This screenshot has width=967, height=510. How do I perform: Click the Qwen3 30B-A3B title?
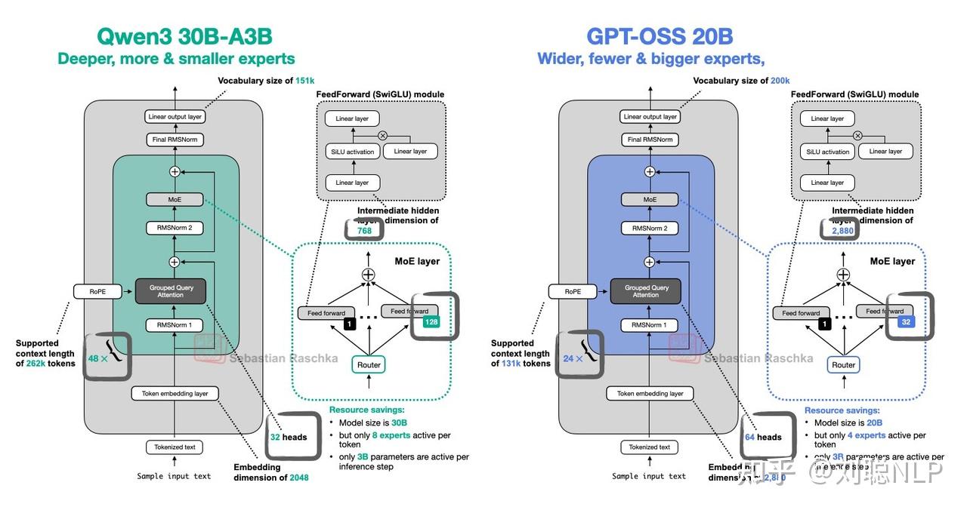tap(184, 36)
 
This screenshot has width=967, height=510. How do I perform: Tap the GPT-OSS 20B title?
tap(660, 36)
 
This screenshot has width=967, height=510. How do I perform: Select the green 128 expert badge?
tap(431, 323)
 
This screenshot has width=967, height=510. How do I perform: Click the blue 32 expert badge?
tap(906, 323)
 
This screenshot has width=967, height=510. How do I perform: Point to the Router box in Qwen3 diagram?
tap(369, 364)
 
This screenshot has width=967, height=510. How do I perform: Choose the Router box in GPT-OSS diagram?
tap(843, 364)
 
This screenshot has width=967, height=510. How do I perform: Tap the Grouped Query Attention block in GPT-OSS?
tap(645, 291)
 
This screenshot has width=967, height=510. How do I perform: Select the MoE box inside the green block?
tap(175, 200)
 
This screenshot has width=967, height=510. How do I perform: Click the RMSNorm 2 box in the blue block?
tap(649, 228)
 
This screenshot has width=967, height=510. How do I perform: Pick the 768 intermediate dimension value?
tap(364, 231)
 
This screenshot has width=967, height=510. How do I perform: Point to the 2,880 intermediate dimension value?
tap(842, 231)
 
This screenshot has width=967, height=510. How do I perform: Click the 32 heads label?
tap(289, 437)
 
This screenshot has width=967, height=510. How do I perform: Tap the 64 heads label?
tap(763, 437)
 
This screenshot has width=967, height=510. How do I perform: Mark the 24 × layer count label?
tap(573, 358)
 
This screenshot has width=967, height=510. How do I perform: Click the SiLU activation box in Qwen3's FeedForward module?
tap(350, 152)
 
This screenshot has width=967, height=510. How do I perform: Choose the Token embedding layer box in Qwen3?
tap(175, 393)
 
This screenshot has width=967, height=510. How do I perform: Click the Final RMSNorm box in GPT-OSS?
tap(649, 140)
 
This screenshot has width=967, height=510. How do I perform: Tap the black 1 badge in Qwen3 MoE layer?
tap(349, 324)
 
